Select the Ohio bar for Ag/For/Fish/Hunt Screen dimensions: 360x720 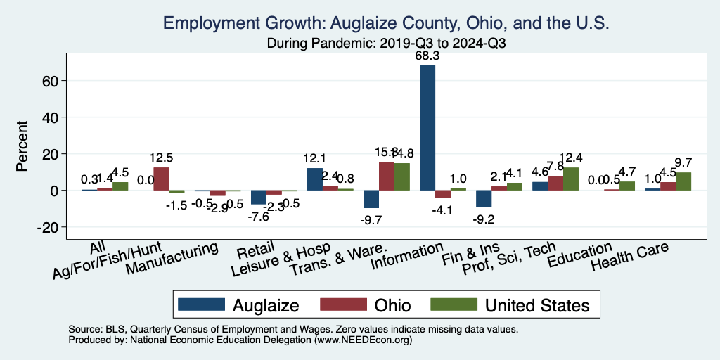(161, 179)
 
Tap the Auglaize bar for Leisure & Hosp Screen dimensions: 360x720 (314, 179)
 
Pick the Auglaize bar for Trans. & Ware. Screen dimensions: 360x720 (371, 199)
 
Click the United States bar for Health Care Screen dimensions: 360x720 (683, 181)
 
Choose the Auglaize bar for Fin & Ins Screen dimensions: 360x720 (484, 198)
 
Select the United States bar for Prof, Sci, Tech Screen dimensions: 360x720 (571, 179)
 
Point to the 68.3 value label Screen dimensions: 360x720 (427, 55)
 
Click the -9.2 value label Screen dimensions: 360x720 (484, 218)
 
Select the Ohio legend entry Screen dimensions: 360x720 (366, 304)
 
